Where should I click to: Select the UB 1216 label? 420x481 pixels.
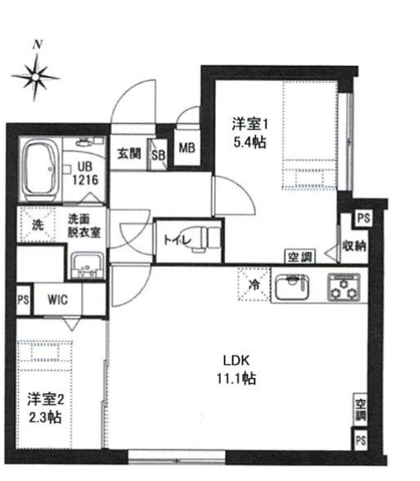tap(83, 174)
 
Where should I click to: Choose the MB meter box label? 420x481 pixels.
tap(187, 148)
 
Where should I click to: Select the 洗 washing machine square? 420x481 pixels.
tap(37, 223)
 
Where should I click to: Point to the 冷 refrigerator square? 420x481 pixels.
tap(252, 286)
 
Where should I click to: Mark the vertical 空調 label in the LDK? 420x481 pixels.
tap(361, 407)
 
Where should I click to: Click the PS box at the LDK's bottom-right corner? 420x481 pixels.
tap(361, 438)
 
